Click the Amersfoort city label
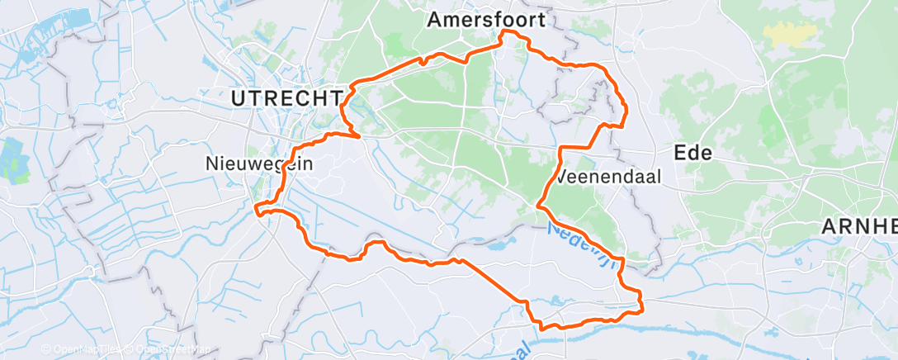click(x=486, y=21)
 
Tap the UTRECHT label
click(x=286, y=99)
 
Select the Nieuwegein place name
click(x=258, y=164)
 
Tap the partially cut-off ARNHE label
click(x=859, y=226)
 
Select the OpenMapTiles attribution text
click(x=83, y=350)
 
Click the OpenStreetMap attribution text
click(x=169, y=350)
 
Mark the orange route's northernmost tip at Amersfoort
click(x=505, y=31)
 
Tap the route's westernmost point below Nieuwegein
click(x=258, y=207)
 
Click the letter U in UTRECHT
click(x=239, y=99)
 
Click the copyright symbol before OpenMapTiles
click(x=45, y=350)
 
